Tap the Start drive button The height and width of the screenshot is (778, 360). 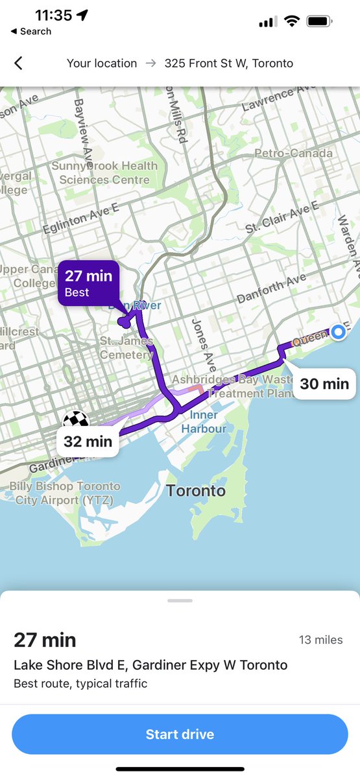click(x=180, y=734)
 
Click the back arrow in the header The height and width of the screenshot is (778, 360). click(x=18, y=63)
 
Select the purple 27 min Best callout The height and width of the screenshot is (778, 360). click(x=88, y=283)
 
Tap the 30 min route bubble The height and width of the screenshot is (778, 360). click(x=324, y=384)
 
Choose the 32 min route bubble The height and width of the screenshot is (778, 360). click(x=88, y=442)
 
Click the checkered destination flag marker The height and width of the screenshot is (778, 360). click(x=75, y=420)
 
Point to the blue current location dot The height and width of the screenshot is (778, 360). click(x=338, y=332)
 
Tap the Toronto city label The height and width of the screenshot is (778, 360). click(x=195, y=490)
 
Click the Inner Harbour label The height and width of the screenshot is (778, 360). click(x=204, y=421)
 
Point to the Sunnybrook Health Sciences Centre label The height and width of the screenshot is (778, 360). click(x=104, y=172)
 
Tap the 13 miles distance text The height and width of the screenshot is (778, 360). click(x=320, y=640)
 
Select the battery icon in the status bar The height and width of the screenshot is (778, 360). click(x=320, y=21)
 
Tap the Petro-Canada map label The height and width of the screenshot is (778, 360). click(x=293, y=154)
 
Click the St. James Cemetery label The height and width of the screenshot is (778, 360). click(x=126, y=348)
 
